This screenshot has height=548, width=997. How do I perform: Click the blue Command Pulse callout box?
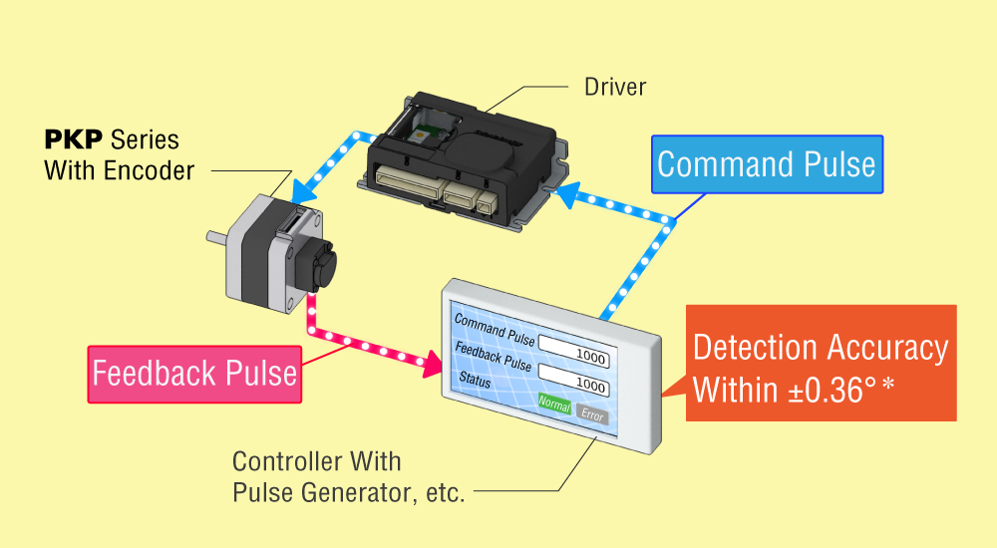point(767,164)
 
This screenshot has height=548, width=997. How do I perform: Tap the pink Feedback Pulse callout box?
point(194,374)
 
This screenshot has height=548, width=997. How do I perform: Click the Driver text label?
point(614,87)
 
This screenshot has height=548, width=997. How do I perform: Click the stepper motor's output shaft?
point(213,239)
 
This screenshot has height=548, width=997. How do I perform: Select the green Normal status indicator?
point(554,405)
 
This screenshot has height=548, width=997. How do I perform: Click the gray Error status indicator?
point(591,414)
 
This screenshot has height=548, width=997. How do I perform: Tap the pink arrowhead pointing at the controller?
point(434,363)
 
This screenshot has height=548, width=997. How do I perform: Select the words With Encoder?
point(119,170)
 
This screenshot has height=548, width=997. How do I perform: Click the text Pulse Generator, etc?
point(349,492)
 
